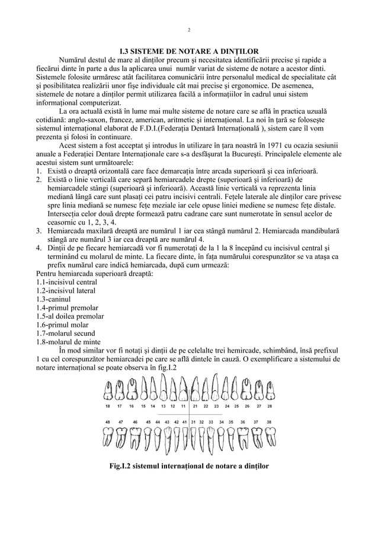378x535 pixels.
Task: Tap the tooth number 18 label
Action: click(107, 406)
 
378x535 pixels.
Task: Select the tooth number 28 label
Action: click(270, 406)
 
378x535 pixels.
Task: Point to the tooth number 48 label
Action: click(107, 421)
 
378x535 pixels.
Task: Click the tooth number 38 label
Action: click(270, 421)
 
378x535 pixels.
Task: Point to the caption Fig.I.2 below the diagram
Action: click(188, 466)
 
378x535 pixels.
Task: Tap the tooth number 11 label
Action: click(184, 406)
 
